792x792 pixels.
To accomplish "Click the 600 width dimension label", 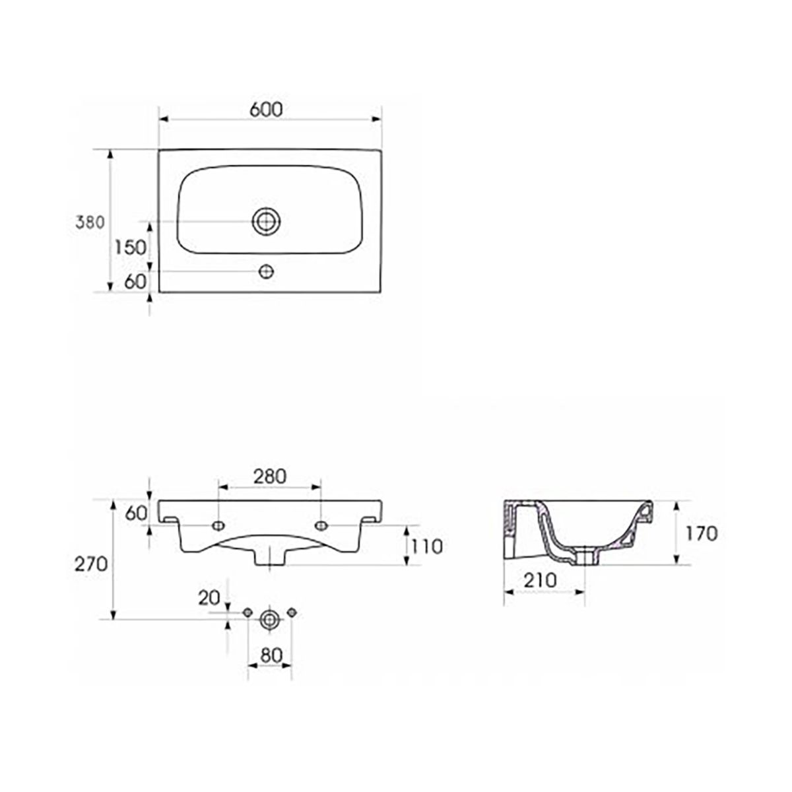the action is (x=267, y=110).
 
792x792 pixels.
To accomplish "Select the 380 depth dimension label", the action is (x=90, y=222).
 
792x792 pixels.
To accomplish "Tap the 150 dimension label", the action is (x=130, y=247).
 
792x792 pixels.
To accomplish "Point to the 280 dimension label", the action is (x=270, y=477).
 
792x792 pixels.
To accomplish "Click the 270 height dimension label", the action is (x=91, y=564).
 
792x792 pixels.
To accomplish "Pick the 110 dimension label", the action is (x=426, y=546).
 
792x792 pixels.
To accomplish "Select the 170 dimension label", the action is (x=702, y=534).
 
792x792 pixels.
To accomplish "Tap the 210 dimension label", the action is (x=540, y=580).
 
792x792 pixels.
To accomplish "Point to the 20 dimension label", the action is (x=209, y=599).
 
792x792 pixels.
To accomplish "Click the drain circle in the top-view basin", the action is (x=267, y=222).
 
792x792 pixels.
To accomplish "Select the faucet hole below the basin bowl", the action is (x=267, y=271).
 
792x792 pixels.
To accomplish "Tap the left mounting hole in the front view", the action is (x=218, y=525).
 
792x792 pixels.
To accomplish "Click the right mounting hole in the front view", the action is (x=321, y=525).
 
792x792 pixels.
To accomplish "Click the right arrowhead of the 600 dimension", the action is (x=376, y=119).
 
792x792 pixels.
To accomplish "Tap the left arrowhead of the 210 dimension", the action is (x=510, y=592).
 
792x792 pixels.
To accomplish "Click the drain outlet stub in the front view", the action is (x=270, y=558).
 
